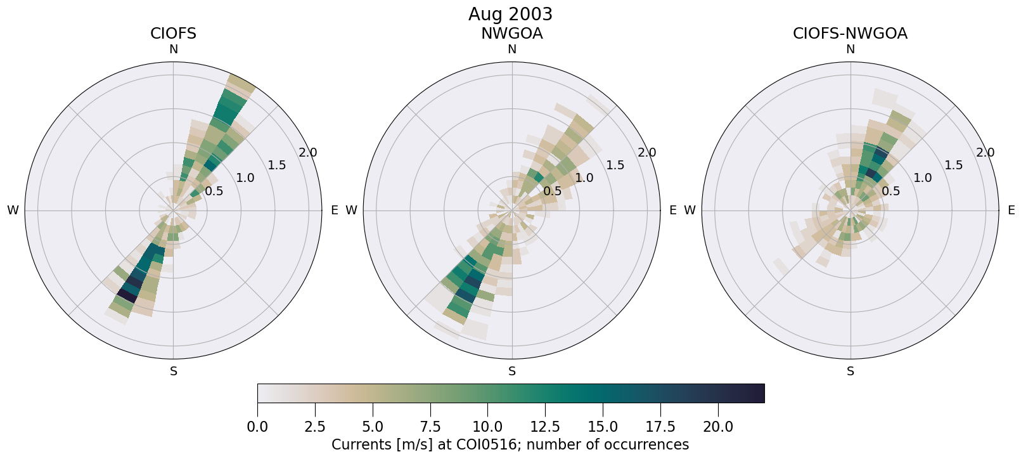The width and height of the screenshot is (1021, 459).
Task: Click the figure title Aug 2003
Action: (510, 14)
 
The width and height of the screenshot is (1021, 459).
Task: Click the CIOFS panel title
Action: (173, 34)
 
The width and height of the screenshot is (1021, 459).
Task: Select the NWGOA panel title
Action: (511, 34)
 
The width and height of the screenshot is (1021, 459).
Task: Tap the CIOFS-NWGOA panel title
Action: (850, 34)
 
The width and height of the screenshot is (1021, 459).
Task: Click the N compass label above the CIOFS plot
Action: (173, 49)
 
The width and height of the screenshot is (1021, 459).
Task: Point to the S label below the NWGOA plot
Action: (512, 372)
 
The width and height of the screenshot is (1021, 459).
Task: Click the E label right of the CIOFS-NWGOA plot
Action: (1011, 210)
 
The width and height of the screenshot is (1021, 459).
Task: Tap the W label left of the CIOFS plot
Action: (13, 210)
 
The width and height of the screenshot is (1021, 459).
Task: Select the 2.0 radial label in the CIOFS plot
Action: (308, 153)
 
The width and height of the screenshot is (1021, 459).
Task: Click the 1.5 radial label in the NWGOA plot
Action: (615, 165)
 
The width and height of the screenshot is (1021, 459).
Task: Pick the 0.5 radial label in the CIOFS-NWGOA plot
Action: (890, 191)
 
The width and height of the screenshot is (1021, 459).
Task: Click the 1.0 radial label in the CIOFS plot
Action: (245, 178)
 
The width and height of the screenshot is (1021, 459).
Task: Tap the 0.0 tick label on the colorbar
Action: (257, 427)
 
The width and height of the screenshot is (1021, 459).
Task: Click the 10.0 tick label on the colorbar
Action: (487, 427)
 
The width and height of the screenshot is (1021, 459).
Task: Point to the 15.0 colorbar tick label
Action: (603, 427)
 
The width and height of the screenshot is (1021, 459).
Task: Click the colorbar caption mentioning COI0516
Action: (510, 444)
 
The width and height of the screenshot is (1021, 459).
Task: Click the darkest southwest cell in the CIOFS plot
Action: (127, 295)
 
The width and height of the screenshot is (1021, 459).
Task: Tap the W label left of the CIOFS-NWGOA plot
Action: (690, 210)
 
